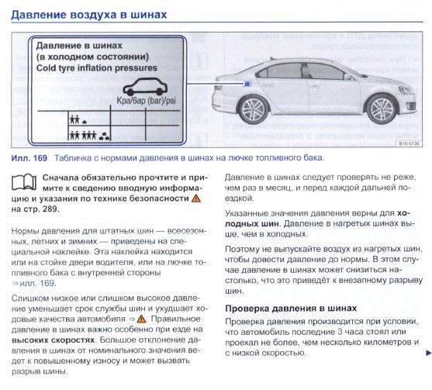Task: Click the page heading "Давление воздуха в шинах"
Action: (89, 15)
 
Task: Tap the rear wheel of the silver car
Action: (253, 109)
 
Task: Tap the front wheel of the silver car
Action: (382, 109)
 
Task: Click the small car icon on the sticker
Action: (145, 87)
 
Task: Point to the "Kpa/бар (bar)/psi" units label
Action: (146, 101)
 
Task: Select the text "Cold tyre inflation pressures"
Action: (97, 68)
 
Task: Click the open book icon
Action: (24, 182)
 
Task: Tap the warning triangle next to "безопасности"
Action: (196, 198)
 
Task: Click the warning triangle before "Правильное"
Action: (141, 319)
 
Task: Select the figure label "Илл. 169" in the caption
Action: (29, 158)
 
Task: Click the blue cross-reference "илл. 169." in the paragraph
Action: (38, 284)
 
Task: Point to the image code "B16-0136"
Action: (409, 143)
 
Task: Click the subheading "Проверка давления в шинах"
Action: (291, 308)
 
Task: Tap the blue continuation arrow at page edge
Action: (429, 353)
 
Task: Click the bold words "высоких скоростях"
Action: (54, 340)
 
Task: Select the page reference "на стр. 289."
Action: (35, 209)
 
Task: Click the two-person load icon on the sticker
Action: (74, 119)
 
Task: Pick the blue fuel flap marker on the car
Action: (247, 83)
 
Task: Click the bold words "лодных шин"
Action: (252, 223)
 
